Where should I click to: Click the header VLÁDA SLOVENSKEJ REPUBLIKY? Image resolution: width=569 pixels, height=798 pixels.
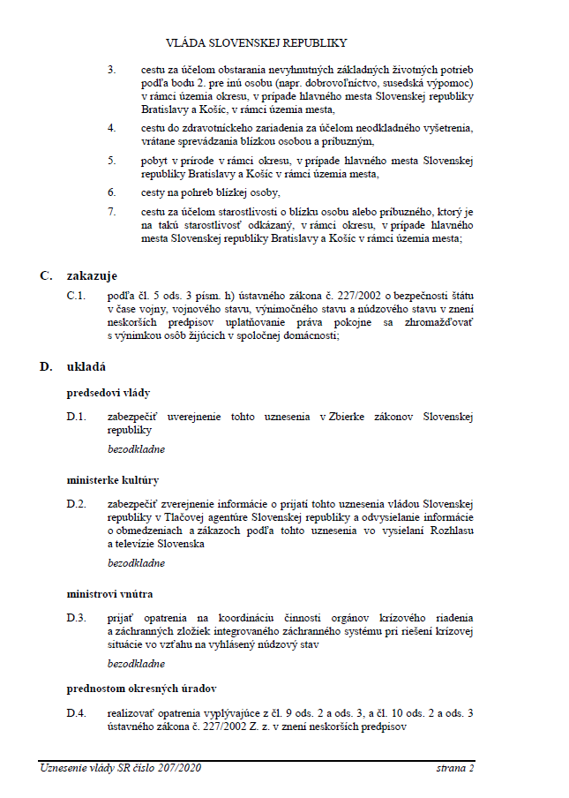tap(256, 41)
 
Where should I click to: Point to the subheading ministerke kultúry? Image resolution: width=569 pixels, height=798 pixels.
tap(113, 480)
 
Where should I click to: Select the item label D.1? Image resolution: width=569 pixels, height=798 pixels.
tap(76, 416)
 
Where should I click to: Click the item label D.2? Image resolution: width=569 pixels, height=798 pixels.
tap(76, 504)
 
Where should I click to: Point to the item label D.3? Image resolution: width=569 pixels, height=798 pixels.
tap(76, 617)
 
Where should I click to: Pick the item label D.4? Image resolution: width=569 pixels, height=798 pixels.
tap(76, 711)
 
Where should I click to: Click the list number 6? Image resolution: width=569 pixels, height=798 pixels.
tap(112, 192)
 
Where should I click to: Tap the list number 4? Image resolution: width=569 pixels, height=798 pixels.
tap(112, 128)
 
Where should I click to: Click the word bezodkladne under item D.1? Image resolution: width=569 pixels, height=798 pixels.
tap(136, 449)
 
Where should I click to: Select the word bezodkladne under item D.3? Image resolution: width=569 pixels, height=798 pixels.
tap(136, 663)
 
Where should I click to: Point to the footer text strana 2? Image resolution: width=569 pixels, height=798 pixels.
tap(455, 769)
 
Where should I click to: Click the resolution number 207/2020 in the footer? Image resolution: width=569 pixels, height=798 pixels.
tap(179, 769)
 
